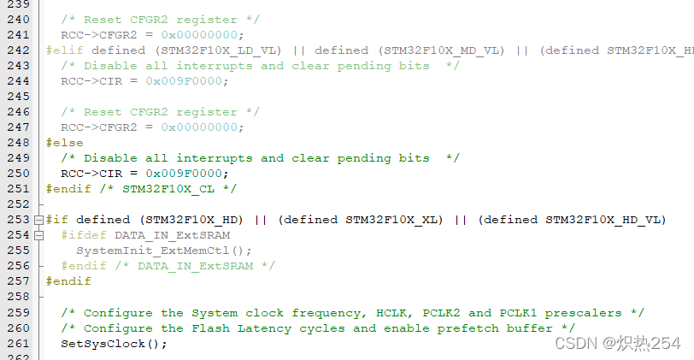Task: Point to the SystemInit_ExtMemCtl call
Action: [164, 251]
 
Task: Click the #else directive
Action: [64, 143]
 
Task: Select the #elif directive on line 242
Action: [64, 50]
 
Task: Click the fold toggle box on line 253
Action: [38, 220]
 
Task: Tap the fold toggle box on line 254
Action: [38, 235]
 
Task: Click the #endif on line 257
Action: [68, 281]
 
